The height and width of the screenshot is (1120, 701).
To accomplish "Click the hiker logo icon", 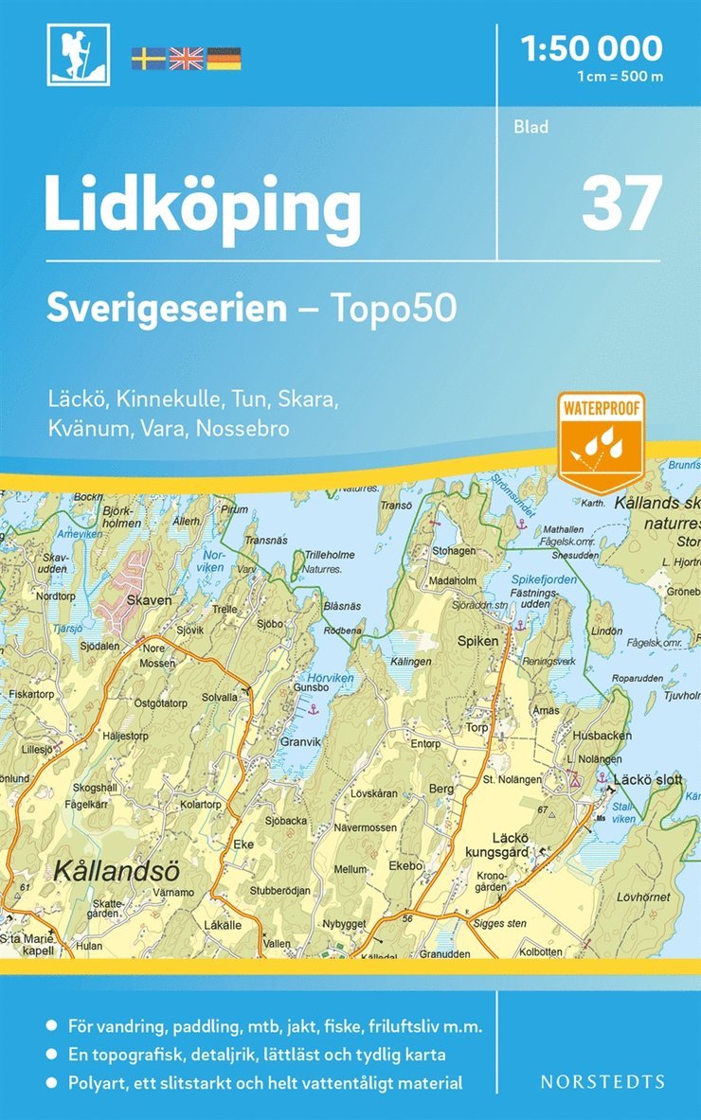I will click(79, 54).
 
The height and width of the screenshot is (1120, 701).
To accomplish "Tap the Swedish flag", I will click(148, 59).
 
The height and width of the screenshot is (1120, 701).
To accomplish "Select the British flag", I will click(186, 59).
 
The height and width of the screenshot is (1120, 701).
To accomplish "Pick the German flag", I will click(224, 59).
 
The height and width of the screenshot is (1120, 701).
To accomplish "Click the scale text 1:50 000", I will click(592, 47).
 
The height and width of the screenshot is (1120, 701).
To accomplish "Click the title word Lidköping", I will click(203, 207).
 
